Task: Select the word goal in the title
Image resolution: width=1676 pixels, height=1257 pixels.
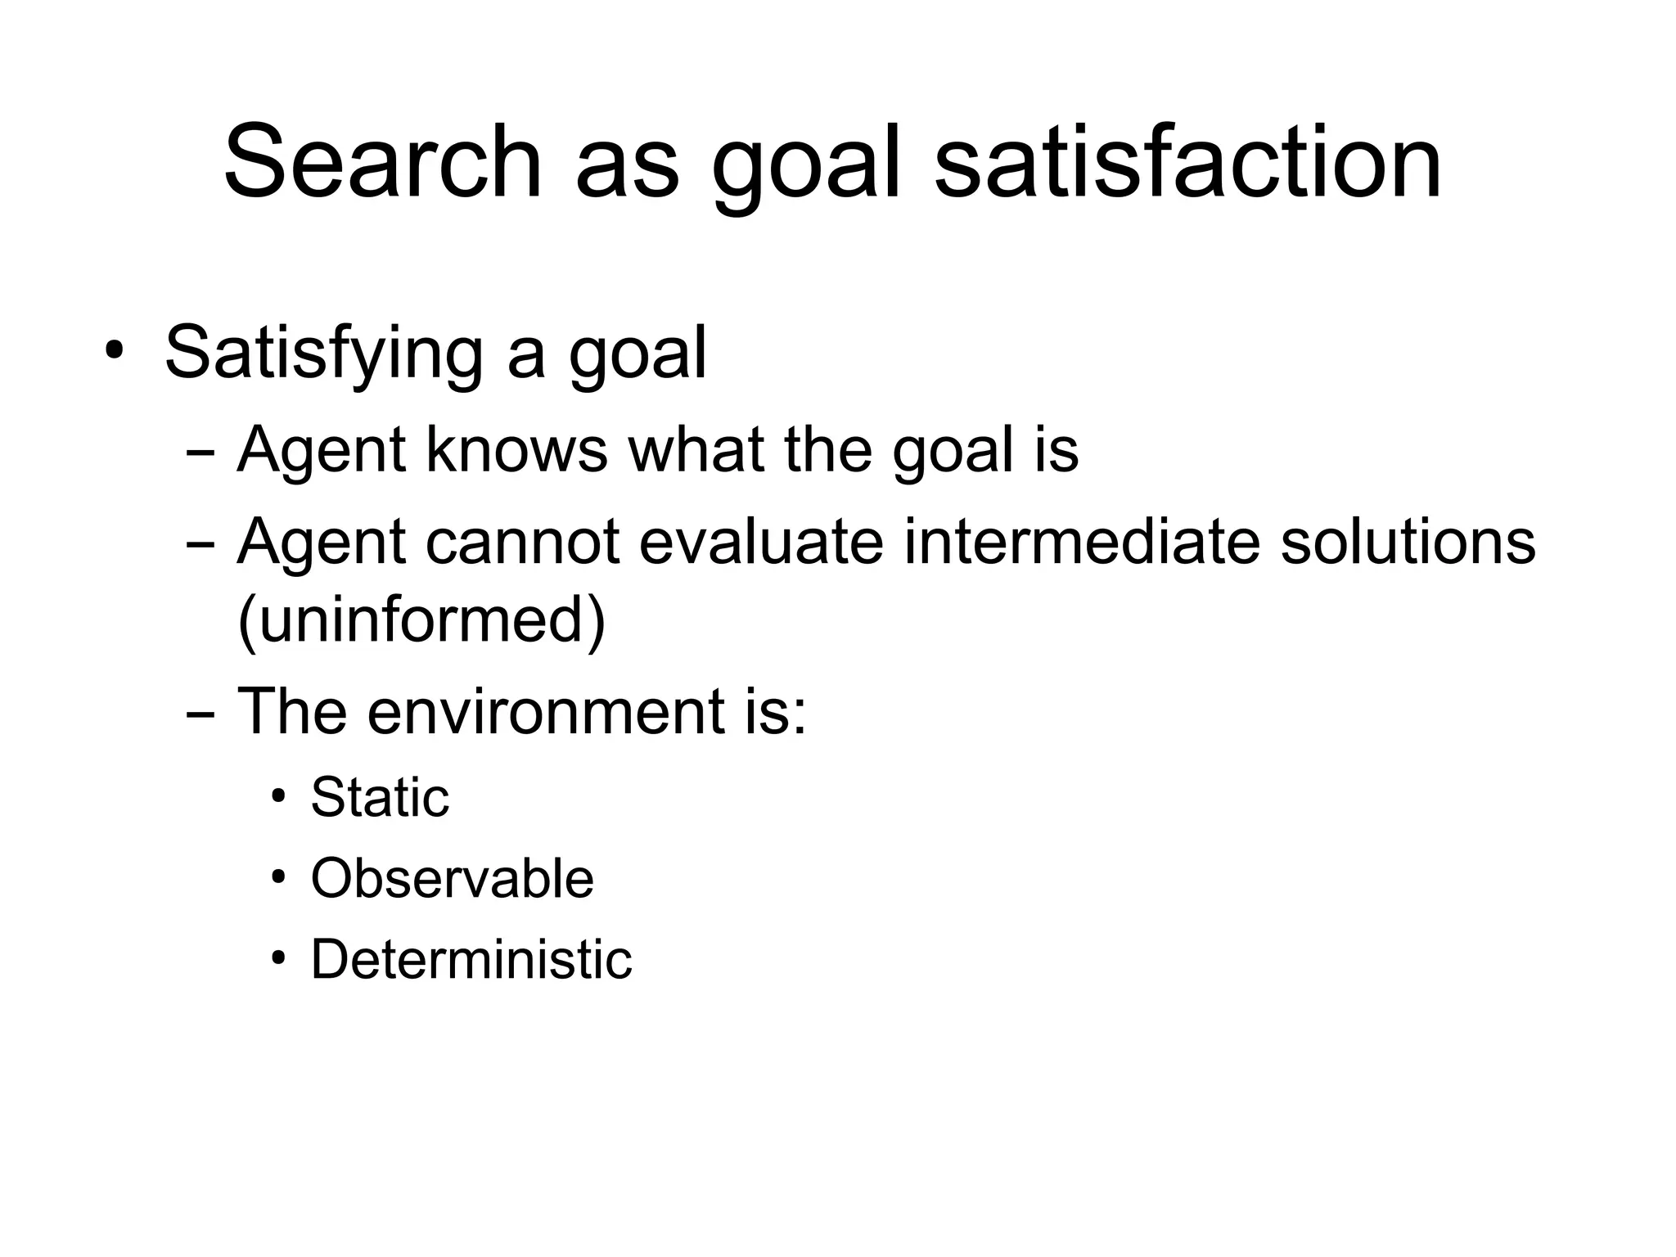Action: [807, 168]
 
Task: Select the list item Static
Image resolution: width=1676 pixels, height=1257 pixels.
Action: [380, 797]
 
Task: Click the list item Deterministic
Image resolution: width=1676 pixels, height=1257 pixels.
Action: [471, 959]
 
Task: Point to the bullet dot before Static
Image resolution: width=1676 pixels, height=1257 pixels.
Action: [279, 796]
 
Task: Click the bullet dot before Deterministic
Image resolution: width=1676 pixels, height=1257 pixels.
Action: [279, 958]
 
